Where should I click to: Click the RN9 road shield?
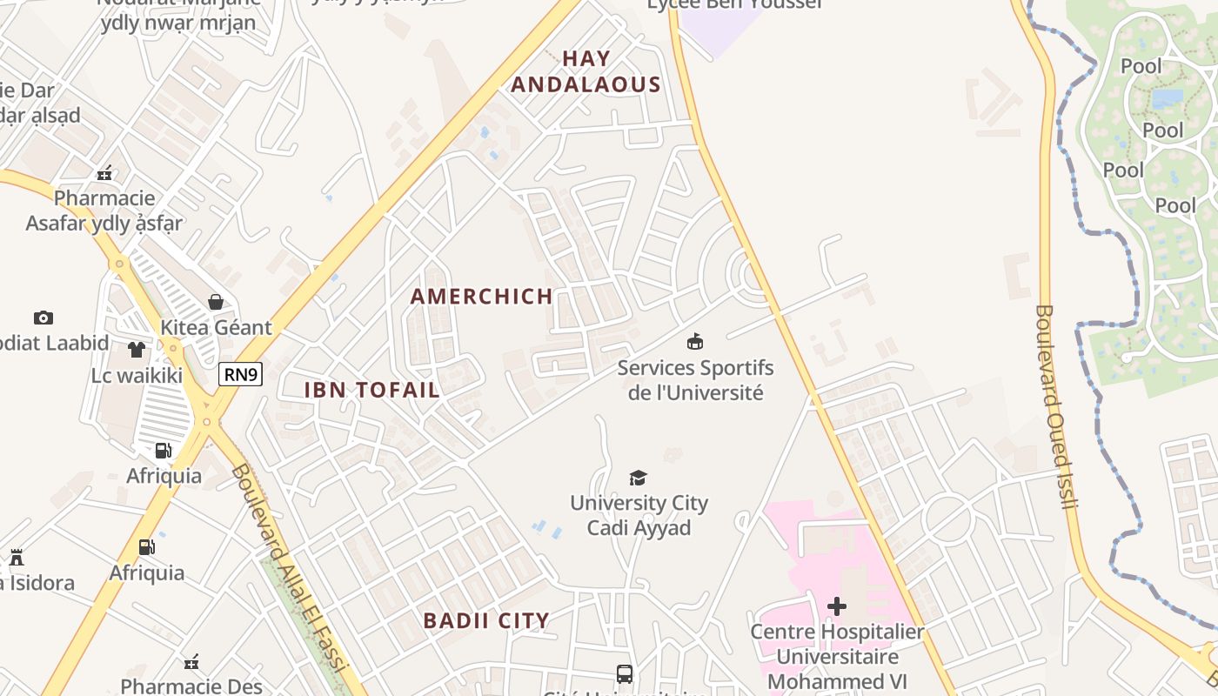click(241, 374)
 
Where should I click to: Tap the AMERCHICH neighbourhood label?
click(482, 297)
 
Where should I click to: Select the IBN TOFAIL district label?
click(371, 390)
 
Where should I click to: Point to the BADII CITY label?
click(486, 621)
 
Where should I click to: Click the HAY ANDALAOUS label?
click(586, 72)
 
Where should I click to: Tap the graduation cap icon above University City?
click(639, 478)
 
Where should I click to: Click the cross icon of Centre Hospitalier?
click(837, 606)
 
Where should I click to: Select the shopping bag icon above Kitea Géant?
click(215, 302)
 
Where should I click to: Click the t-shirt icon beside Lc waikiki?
click(137, 350)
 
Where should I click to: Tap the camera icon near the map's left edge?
click(43, 318)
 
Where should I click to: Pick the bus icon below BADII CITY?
click(625, 673)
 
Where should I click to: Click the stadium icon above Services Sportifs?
click(694, 341)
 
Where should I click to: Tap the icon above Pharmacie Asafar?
click(105, 174)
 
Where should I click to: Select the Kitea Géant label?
click(216, 328)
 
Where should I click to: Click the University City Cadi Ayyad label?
click(639, 515)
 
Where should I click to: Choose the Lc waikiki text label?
click(137, 376)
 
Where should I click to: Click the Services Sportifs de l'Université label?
click(695, 380)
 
